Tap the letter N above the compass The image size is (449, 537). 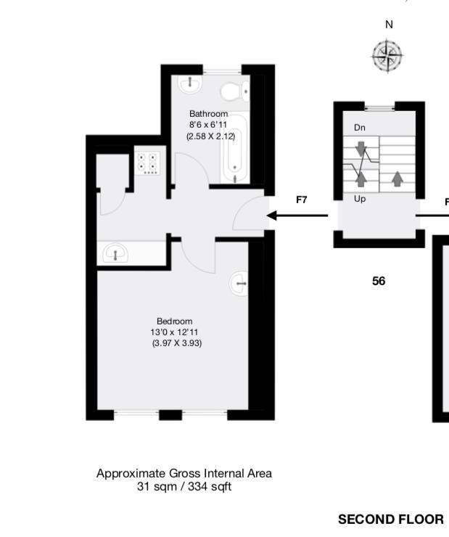pyautogui.click(x=389, y=25)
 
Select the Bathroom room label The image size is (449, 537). pyautogui.click(x=208, y=114)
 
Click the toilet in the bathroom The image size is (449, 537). pyautogui.click(x=233, y=91)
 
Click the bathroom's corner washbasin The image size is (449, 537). pyautogui.click(x=190, y=84)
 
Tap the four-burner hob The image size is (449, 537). pyautogui.click(x=149, y=163)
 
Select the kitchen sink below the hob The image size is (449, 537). pyautogui.click(x=115, y=254)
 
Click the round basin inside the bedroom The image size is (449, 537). pyautogui.click(x=239, y=284)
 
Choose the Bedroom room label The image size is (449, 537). pyautogui.click(x=175, y=321)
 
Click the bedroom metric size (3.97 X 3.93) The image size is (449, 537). pyautogui.click(x=177, y=343)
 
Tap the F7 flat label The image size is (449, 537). pyautogui.click(x=302, y=200)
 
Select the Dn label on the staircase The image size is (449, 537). pyautogui.click(x=360, y=128)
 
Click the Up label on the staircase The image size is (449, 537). pyautogui.click(x=360, y=198)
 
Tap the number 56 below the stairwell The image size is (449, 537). pyautogui.click(x=379, y=281)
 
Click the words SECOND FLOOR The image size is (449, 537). pyautogui.click(x=390, y=520)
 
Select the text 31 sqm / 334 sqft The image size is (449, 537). pyautogui.click(x=184, y=487)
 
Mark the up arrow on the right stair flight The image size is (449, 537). pyautogui.click(x=397, y=177)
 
